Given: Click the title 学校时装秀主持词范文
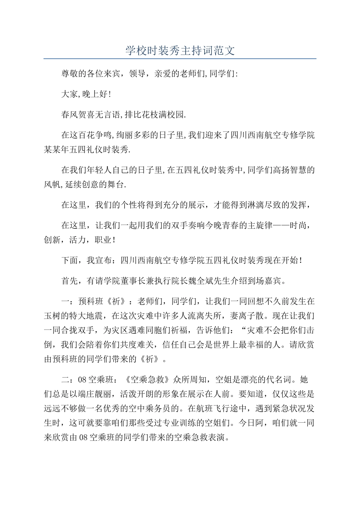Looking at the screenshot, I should coord(180,50).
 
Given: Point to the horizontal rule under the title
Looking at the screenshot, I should coord(180,59).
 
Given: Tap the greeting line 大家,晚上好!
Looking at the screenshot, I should coord(86,94).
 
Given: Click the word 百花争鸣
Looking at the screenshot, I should coord(95,135).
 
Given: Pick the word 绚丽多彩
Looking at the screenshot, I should coord(133,135).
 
